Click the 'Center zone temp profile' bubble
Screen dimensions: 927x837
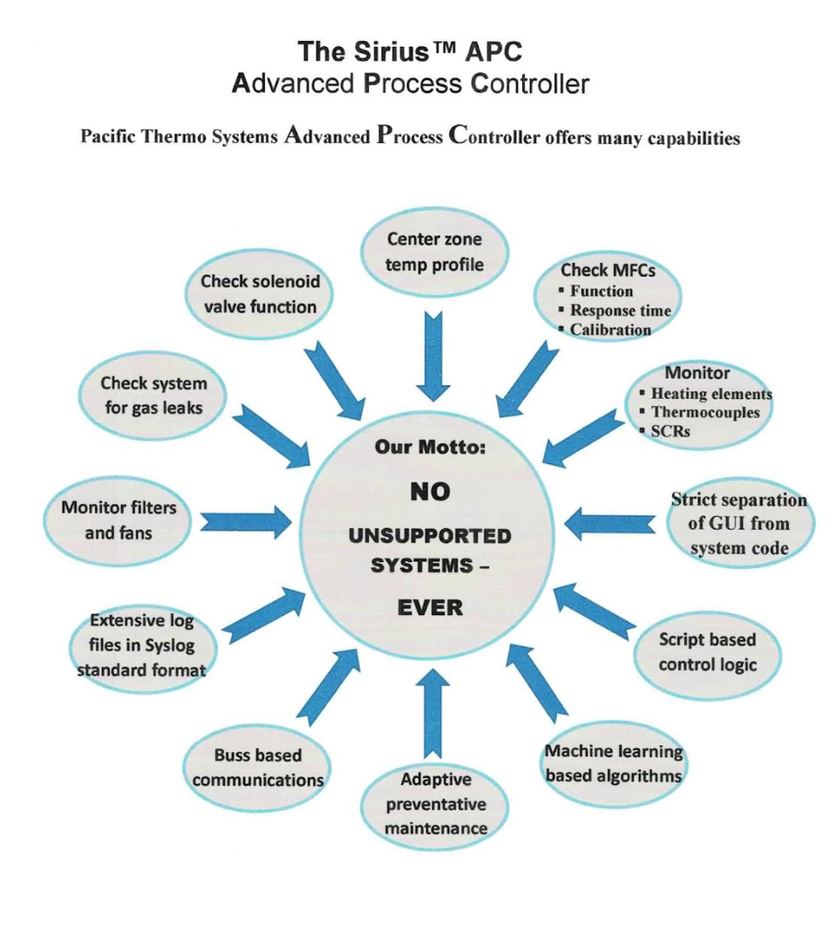tap(433, 251)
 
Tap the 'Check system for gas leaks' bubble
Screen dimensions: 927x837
tap(153, 396)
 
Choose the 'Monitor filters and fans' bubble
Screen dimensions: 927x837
tap(118, 519)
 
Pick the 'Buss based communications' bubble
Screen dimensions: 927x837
tap(258, 768)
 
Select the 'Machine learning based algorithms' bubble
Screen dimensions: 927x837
tap(613, 763)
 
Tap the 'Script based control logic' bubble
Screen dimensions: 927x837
tap(707, 653)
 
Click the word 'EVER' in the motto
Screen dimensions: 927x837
tap(430, 607)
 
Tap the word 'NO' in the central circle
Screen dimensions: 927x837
tap(430, 491)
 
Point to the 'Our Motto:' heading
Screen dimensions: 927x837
tap(430, 447)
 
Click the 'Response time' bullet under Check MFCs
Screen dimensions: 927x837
tap(620, 310)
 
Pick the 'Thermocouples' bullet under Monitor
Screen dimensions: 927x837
tap(704, 412)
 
